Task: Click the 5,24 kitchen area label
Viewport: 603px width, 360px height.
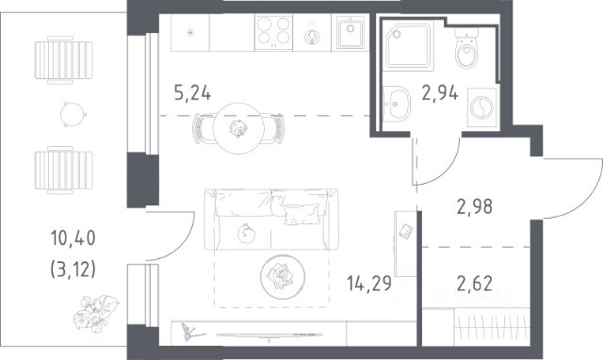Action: click(192, 93)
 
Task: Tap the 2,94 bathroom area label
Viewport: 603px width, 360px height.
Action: click(440, 92)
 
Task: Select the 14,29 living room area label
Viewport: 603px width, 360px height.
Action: click(369, 284)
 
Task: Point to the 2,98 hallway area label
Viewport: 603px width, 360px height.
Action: click(475, 206)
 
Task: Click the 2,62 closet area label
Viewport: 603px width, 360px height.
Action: click(475, 284)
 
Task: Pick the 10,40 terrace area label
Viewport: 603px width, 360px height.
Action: click(73, 238)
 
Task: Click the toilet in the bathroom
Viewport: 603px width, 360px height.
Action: click(466, 48)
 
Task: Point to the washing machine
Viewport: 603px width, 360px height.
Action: click(481, 107)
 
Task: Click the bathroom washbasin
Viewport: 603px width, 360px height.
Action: click(396, 104)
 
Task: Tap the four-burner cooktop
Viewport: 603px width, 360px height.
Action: click(273, 31)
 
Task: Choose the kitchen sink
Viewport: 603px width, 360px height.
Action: click(350, 32)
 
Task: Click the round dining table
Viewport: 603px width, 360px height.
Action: click(238, 128)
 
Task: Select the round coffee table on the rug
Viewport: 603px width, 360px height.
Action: click(283, 276)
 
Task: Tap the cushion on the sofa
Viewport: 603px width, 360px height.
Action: click(301, 214)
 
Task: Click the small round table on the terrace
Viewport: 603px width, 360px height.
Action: click(73, 114)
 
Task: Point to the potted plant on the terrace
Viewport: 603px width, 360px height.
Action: click(96, 313)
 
